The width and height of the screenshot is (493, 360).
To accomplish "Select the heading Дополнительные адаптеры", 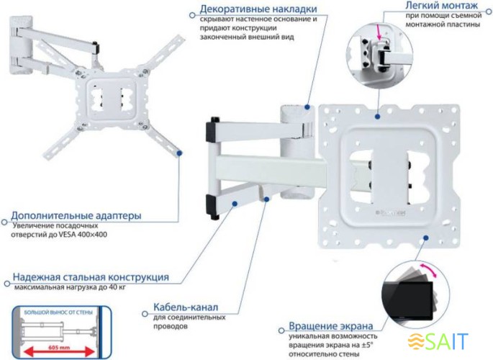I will click(76, 215).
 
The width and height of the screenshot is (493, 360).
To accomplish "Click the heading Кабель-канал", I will click(185, 307).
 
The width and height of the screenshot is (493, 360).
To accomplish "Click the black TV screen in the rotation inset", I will click(410, 302).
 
